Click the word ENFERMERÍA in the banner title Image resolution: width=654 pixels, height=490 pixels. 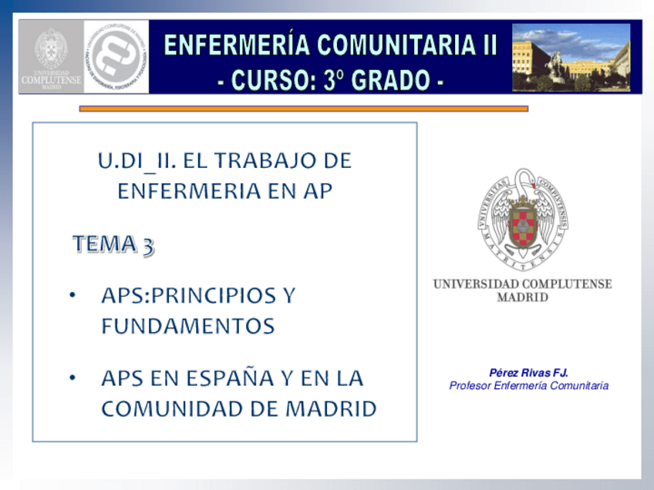tap(228, 45)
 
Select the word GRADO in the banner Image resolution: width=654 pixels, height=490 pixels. tap(395, 79)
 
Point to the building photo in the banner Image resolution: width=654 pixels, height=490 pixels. tap(571, 57)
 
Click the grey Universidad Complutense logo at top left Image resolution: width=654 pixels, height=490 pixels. tap(50, 56)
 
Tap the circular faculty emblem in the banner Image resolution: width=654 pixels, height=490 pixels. tap(116, 56)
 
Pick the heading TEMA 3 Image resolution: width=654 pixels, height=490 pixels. tap(113, 244)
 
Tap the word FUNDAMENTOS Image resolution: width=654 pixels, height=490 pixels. tap(187, 327)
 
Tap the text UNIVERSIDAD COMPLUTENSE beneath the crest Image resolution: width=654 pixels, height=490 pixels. tap(522, 284)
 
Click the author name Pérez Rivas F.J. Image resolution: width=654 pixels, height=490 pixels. tap(528, 373)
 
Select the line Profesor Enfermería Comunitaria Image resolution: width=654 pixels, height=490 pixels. tap(528, 386)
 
